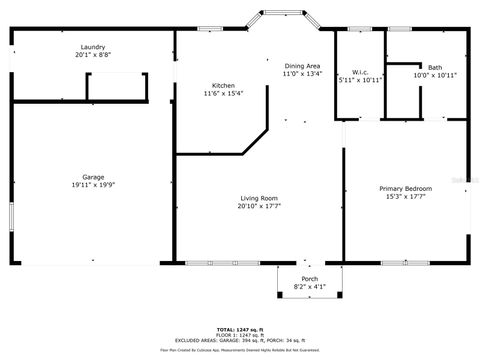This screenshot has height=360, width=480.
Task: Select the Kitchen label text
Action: (x=222, y=85)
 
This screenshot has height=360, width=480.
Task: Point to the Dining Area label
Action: (x=301, y=65)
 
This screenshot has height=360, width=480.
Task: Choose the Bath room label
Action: (x=434, y=68)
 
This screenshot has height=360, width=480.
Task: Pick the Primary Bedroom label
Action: (x=404, y=188)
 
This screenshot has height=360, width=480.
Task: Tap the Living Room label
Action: (x=257, y=198)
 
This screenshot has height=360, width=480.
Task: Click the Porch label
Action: (x=310, y=279)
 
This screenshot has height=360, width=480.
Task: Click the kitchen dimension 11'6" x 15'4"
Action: (x=222, y=93)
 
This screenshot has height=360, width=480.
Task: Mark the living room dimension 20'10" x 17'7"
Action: (x=257, y=206)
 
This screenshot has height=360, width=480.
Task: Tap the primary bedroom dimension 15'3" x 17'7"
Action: (x=404, y=196)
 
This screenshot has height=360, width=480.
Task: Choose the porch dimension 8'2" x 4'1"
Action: (x=310, y=287)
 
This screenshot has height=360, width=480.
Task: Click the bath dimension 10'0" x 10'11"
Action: (x=434, y=76)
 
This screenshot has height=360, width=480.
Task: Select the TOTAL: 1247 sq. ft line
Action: (x=239, y=329)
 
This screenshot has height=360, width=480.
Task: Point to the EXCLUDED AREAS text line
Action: (x=239, y=340)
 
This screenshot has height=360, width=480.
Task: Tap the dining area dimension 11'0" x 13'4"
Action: (x=301, y=73)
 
